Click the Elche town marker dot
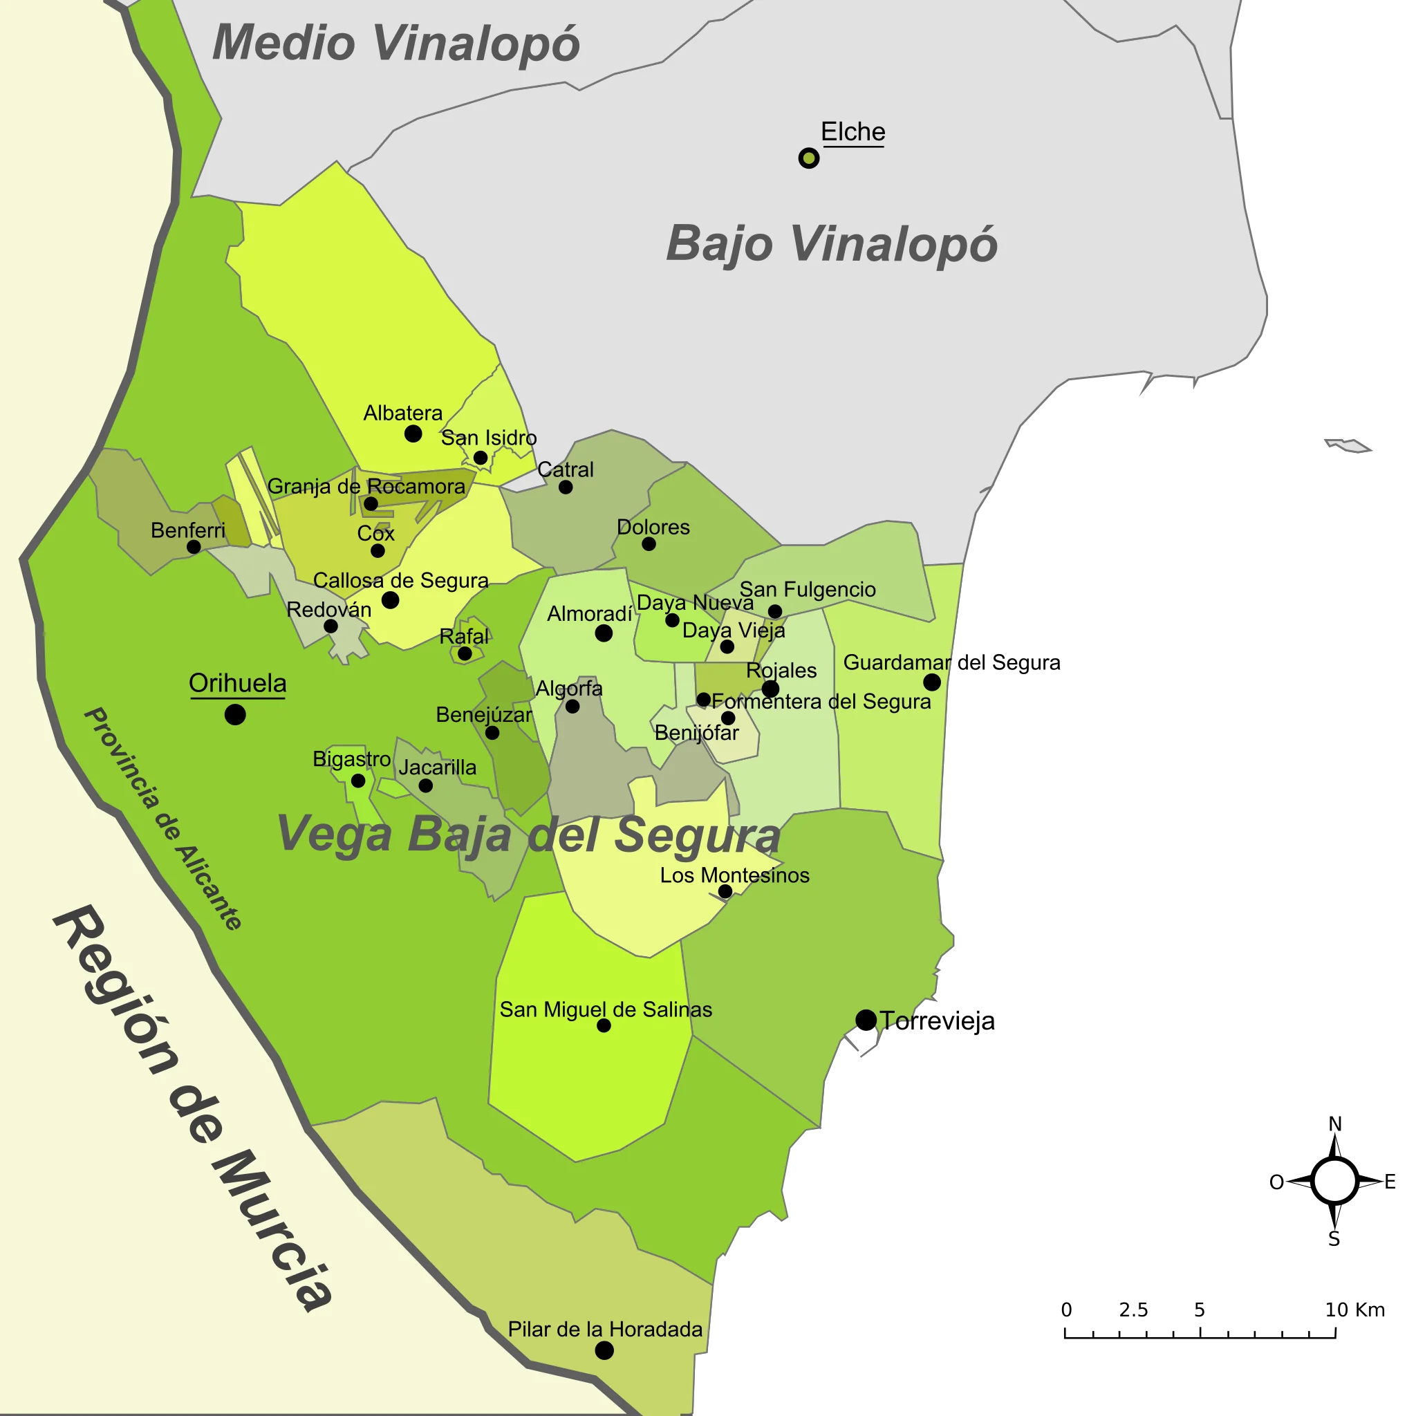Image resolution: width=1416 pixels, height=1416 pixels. (808, 158)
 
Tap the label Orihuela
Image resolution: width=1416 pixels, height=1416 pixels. (237, 683)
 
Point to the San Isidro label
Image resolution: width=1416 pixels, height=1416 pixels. (489, 438)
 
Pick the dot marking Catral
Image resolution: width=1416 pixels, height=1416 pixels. (565, 487)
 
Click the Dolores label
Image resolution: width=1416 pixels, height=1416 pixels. (653, 527)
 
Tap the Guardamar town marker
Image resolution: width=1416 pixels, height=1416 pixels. (931, 682)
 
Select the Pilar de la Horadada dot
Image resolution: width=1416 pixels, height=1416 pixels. (604, 1350)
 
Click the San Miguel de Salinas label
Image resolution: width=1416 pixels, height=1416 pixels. (606, 1009)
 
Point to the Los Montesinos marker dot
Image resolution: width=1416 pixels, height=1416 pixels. (725, 891)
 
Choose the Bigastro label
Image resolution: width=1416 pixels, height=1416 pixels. (351, 758)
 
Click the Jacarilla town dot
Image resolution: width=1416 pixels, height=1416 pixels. (425, 785)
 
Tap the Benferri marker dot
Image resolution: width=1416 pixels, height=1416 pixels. (194, 547)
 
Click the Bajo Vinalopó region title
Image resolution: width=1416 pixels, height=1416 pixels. (831, 243)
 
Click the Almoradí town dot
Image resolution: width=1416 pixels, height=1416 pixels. (603, 633)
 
